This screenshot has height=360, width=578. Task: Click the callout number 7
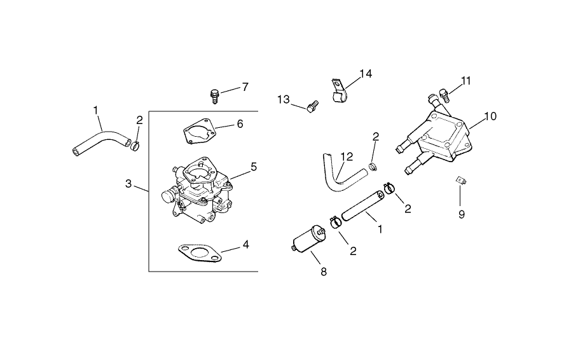245,87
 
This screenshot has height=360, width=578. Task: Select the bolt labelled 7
215,96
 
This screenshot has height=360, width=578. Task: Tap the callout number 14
365,74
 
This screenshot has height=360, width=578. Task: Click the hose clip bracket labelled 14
340,91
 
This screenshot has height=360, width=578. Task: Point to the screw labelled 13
311,106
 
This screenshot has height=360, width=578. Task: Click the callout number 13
284,99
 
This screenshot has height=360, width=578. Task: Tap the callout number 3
128,184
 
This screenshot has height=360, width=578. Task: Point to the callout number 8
323,272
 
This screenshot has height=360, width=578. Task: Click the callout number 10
490,116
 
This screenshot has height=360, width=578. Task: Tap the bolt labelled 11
445,96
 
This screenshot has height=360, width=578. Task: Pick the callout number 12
346,156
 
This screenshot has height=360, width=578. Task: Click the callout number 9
462,214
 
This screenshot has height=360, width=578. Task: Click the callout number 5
253,167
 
